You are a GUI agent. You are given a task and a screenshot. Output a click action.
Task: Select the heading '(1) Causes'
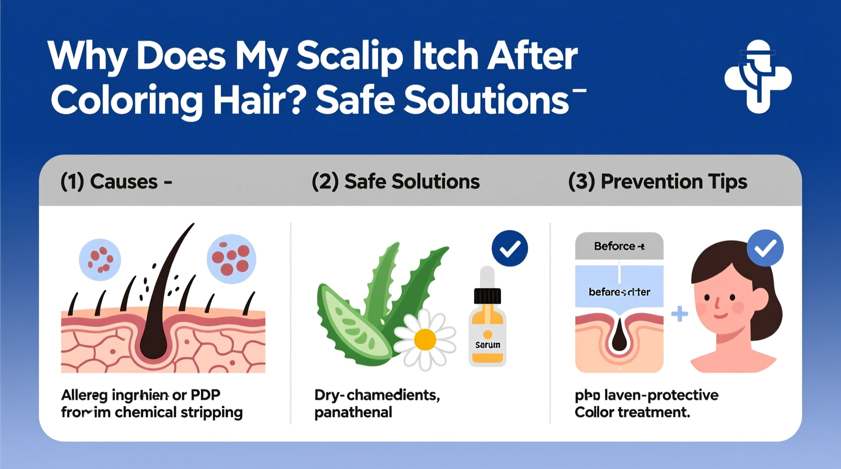tap(116, 181)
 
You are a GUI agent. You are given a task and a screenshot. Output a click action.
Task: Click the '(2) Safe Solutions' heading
tap(396, 181)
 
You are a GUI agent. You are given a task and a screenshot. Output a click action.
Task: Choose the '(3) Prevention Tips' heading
tap(658, 181)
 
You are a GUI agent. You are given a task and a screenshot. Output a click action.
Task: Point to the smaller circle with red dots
tap(100, 259)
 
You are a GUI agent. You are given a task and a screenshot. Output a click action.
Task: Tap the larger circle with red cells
tap(231, 258)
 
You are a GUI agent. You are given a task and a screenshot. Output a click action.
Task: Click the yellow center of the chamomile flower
tap(425, 340)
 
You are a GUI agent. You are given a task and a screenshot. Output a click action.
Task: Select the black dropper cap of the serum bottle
tap(487, 296)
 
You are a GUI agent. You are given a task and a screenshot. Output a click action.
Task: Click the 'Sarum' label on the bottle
tap(488, 345)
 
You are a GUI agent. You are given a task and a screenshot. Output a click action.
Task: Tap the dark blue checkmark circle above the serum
tap(509, 248)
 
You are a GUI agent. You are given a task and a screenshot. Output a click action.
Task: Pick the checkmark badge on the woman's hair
tap(765, 248)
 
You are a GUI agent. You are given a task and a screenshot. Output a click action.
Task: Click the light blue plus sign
tap(679, 314)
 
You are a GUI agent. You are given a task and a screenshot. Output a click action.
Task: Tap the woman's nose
tap(717, 304)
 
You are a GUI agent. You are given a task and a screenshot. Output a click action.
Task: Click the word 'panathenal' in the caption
tap(353, 412)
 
